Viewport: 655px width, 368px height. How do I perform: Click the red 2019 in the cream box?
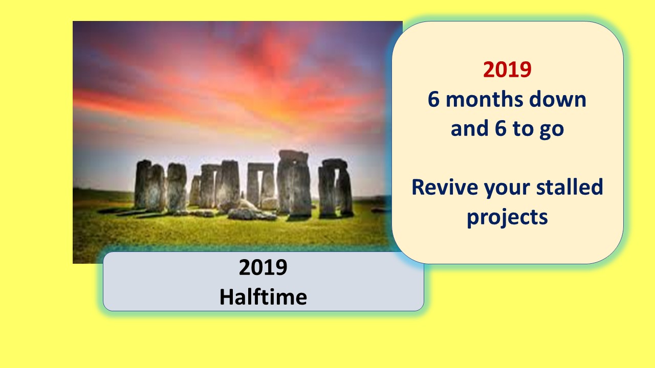(507, 70)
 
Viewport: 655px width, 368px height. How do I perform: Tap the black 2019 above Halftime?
(263, 267)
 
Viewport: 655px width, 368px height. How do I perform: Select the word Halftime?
(263, 297)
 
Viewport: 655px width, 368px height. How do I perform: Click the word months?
(485, 100)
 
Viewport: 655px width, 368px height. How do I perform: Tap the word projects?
(507, 218)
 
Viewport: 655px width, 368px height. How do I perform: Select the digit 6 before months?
(433, 100)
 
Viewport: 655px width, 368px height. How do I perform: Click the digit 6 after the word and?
(500, 128)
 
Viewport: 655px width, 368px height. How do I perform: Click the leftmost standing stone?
(142, 184)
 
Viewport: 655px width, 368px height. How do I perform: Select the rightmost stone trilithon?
(335, 188)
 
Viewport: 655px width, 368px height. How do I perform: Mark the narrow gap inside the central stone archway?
(260, 185)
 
